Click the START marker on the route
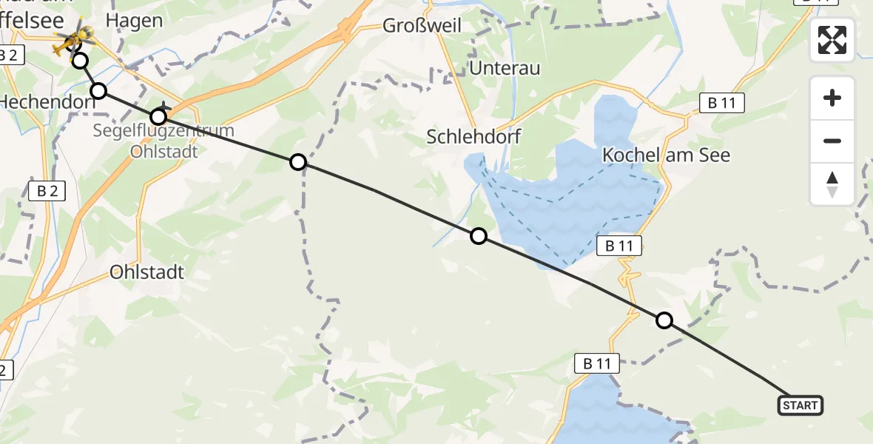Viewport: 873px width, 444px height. point(800,406)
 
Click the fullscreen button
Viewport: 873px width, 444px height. point(832,40)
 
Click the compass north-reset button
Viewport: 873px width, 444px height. point(832,184)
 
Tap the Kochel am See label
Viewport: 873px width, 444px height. point(667,155)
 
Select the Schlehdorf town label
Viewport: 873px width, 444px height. point(474,136)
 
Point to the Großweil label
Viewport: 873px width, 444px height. point(422,26)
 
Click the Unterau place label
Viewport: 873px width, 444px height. point(505,69)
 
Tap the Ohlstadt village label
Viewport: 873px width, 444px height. point(146,272)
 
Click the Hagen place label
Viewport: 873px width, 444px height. point(134,20)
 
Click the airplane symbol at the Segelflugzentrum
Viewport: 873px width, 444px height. point(164,110)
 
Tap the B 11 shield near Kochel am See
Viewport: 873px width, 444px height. point(721,104)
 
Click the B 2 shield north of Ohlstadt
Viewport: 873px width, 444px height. point(47,191)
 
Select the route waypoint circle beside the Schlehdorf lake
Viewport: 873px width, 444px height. point(479,236)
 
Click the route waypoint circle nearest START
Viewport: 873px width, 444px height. point(664,320)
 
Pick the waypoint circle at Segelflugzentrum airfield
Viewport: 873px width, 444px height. point(158,117)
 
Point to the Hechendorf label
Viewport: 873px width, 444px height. point(47,102)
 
